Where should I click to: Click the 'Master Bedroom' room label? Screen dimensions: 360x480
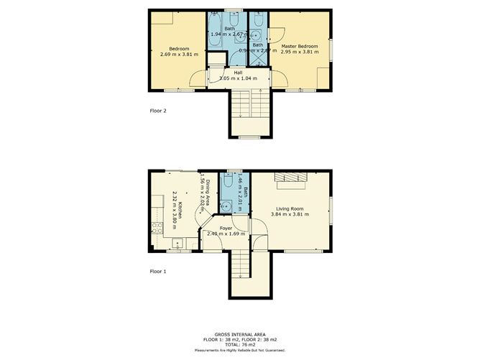pyautogui.click(x=300, y=47)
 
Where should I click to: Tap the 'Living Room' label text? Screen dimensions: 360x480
pyautogui.click(x=290, y=208)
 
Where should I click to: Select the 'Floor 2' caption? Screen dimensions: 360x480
pyautogui.click(x=157, y=111)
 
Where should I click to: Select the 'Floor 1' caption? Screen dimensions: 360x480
pyautogui.click(x=157, y=272)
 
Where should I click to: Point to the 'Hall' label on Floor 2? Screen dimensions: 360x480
pyautogui.click(x=238, y=72)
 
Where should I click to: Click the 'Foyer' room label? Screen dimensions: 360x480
pyautogui.click(x=226, y=228)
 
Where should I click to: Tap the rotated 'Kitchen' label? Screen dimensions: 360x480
pyautogui.click(x=180, y=208)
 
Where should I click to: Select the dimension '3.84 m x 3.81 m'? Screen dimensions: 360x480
pyautogui.click(x=290, y=215)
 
